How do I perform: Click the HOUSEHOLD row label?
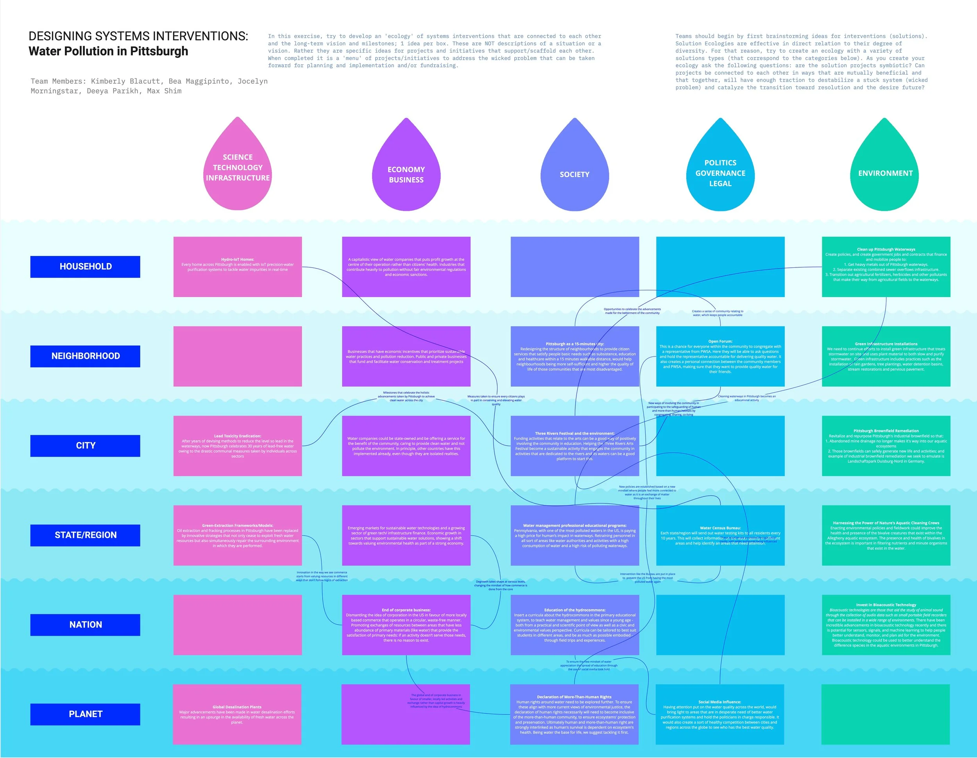[x=86, y=267]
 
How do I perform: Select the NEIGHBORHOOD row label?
[x=86, y=356]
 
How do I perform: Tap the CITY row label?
[x=86, y=446]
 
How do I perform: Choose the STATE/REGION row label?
[x=86, y=535]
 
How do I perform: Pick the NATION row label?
[x=86, y=625]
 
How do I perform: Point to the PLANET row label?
[x=86, y=714]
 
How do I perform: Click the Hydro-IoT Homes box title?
[x=238, y=260]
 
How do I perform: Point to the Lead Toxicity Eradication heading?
[x=238, y=436]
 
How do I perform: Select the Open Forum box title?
[x=720, y=341]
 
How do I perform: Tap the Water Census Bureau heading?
[x=720, y=528]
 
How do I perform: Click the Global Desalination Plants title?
[x=237, y=707]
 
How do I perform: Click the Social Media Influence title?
[x=720, y=702]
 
